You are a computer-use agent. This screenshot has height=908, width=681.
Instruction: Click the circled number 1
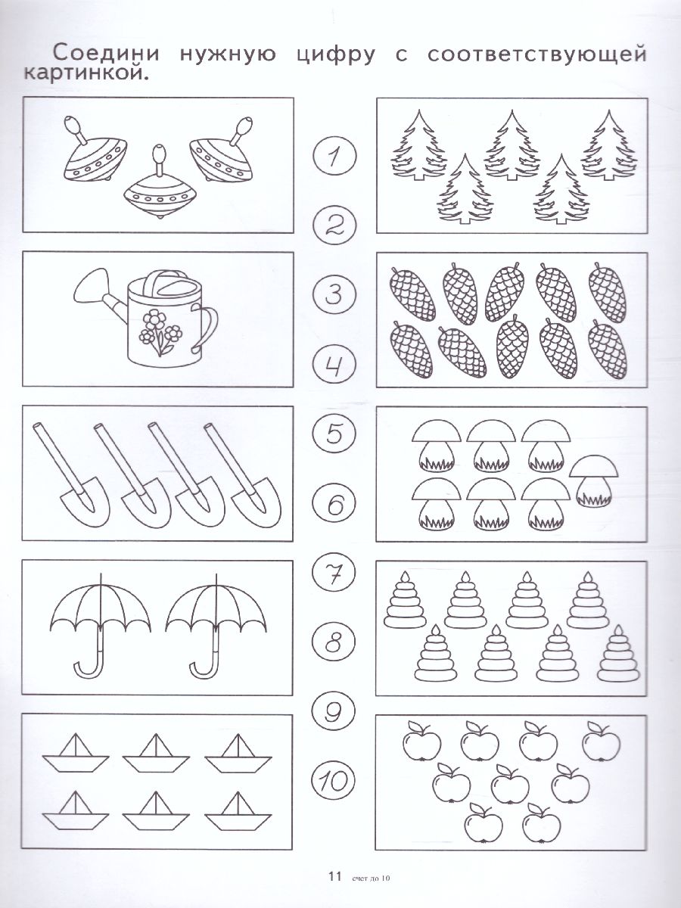334,157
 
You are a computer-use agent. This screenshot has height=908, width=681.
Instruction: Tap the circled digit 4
334,365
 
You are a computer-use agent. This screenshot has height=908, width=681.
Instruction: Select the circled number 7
333,574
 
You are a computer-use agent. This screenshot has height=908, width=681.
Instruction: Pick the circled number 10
333,781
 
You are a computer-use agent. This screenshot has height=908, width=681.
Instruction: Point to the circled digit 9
333,712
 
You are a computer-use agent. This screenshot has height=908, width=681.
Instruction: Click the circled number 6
334,504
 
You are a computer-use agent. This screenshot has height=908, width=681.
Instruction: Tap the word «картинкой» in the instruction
86,73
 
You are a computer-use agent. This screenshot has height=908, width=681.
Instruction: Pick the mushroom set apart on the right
594,481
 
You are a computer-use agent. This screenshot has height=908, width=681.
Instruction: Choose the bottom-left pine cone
411,350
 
